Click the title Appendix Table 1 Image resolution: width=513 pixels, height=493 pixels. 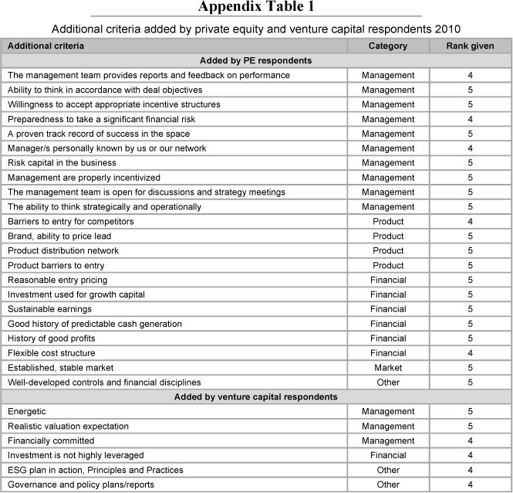(256, 8)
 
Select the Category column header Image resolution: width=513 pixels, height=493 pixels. (387, 46)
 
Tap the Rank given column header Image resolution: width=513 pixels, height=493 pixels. (470, 46)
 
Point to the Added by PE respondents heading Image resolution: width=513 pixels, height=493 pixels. (255, 60)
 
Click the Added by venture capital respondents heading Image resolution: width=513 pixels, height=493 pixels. (255, 396)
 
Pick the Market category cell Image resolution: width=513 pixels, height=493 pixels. (387, 368)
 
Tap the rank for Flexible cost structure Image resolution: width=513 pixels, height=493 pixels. (470, 353)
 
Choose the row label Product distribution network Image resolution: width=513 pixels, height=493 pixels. (63, 250)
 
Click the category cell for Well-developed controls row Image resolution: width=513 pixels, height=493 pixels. (387, 382)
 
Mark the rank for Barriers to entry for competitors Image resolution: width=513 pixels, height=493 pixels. (470, 221)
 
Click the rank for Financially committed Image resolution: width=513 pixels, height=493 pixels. (470, 440)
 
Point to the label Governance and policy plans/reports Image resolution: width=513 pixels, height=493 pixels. (80, 484)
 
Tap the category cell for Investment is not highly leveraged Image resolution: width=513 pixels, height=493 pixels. (387, 455)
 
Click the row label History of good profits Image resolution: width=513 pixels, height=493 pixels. (51, 338)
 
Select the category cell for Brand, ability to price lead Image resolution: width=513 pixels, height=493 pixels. (387, 236)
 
